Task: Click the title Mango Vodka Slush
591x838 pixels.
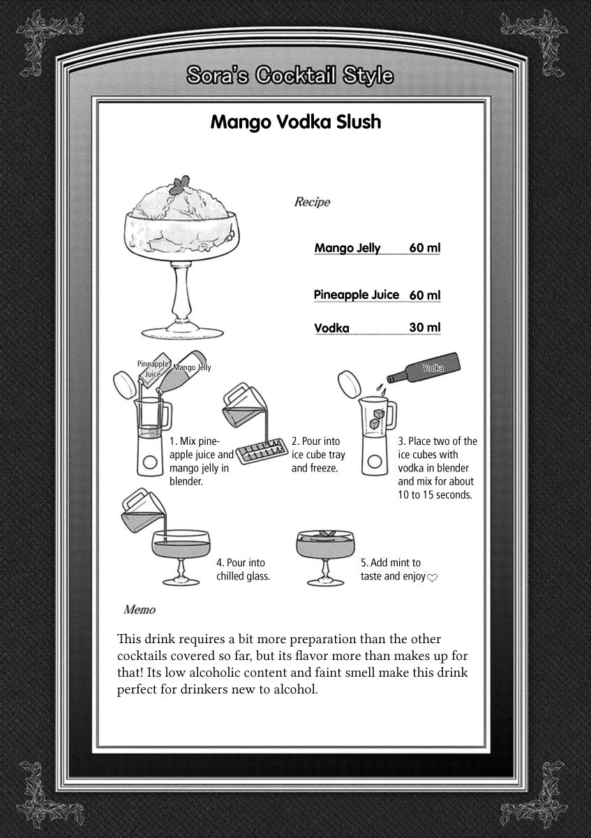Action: (295, 122)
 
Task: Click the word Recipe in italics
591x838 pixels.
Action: (312, 203)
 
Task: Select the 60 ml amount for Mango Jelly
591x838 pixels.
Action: (425, 248)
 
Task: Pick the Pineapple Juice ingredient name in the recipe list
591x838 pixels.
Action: (357, 295)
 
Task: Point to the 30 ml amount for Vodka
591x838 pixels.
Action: (425, 328)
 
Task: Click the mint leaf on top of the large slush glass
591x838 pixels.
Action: (179, 184)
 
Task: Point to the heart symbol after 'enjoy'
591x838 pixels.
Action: (432, 578)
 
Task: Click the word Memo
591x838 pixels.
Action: (139, 610)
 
